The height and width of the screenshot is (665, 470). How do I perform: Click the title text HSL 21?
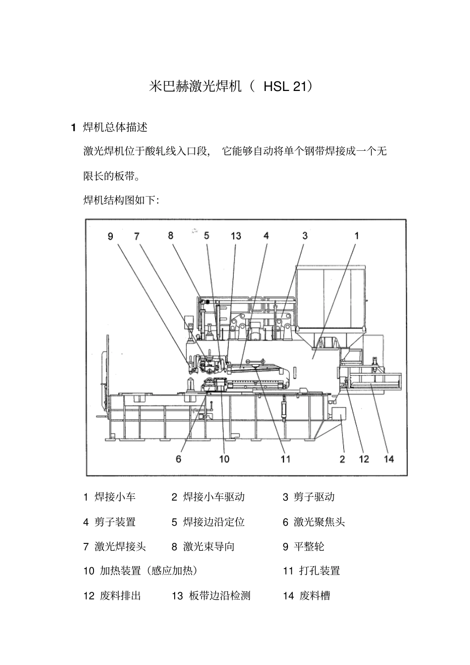[287, 87]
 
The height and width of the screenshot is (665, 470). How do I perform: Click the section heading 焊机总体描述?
[115, 128]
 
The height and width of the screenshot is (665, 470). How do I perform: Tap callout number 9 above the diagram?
[110, 236]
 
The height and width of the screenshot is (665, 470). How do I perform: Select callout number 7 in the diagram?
[137, 236]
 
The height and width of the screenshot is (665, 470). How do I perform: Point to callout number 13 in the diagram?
[235, 236]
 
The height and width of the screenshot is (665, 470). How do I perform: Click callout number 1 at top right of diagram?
[357, 236]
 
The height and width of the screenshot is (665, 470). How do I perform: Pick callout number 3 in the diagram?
[305, 236]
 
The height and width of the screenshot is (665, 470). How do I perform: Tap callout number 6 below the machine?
[179, 459]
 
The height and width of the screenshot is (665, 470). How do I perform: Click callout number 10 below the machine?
[224, 459]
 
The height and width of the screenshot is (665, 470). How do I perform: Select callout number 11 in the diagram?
[285, 459]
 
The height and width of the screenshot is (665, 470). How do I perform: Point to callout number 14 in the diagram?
[389, 459]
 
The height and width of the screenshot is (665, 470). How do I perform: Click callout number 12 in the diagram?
[364, 459]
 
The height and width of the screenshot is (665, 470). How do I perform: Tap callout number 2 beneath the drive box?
[342, 459]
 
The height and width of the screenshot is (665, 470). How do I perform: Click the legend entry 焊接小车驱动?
[213, 497]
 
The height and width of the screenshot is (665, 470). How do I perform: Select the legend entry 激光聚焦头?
[319, 522]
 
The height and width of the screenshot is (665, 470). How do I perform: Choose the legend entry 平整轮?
[309, 546]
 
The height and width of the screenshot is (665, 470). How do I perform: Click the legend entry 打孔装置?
[319, 571]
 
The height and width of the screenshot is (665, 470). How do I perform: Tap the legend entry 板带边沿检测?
[219, 596]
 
